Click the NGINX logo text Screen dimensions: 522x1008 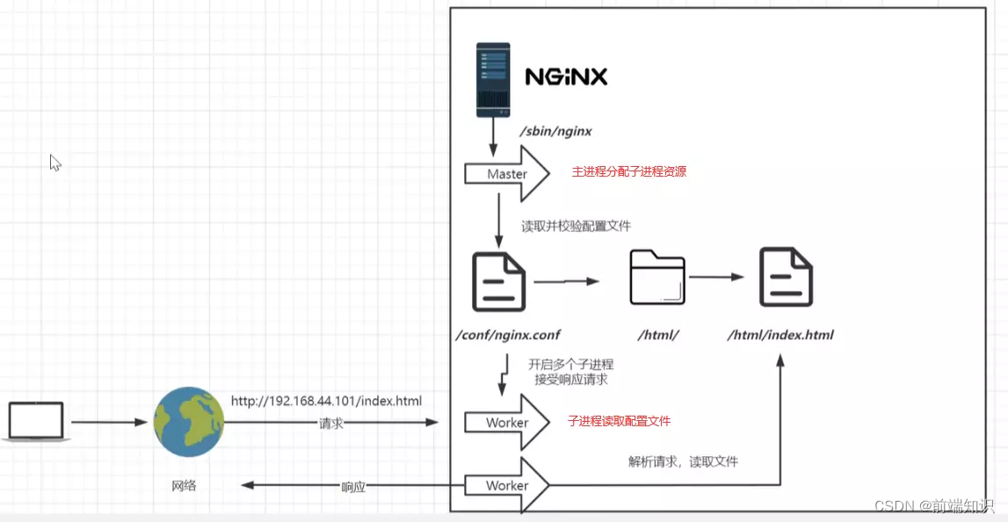click(x=566, y=76)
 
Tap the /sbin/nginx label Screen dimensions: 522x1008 click(x=555, y=132)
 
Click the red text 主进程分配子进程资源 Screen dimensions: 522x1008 click(x=628, y=172)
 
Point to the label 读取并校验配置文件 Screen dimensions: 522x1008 click(x=576, y=226)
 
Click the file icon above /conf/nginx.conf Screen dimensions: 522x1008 click(x=498, y=282)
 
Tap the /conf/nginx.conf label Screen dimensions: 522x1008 click(x=507, y=335)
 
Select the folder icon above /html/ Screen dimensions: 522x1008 click(x=656, y=278)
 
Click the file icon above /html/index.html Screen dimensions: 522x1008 click(x=786, y=278)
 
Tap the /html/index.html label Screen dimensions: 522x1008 click(x=780, y=335)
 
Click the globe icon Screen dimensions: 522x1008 click(x=188, y=423)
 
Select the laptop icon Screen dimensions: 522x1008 click(x=36, y=422)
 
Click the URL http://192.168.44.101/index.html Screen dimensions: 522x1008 click(x=326, y=401)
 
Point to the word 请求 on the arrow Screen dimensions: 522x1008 click(x=330, y=424)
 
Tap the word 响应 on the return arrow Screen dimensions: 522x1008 click(x=353, y=486)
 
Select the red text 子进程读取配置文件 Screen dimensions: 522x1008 click(x=619, y=422)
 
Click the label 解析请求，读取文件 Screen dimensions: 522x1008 click(x=683, y=461)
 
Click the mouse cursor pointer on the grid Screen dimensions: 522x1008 click(x=54, y=163)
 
